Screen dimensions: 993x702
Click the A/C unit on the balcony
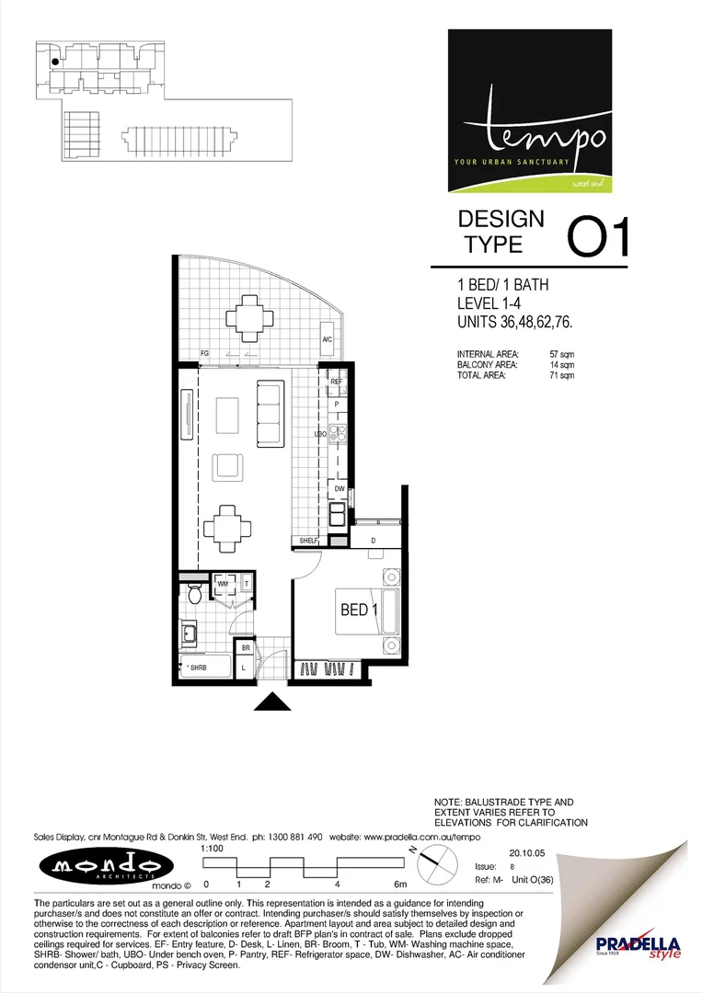point(327,340)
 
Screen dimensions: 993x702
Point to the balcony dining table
point(249,320)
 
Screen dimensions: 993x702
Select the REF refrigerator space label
point(336,381)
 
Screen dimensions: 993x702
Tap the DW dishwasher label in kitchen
point(339,488)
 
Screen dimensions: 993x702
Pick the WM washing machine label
point(223,583)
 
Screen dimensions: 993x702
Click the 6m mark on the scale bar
point(400,884)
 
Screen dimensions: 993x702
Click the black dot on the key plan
point(56,63)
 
